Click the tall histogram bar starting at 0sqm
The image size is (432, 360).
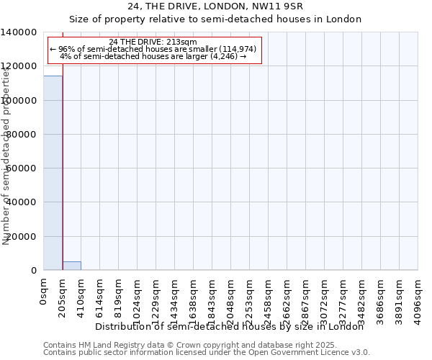click(53, 173)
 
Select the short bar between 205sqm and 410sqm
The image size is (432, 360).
click(71, 266)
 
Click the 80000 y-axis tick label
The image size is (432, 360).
click(22, 135)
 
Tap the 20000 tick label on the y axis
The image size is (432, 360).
click(22, 237)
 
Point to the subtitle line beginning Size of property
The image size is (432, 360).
click(215, 19)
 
